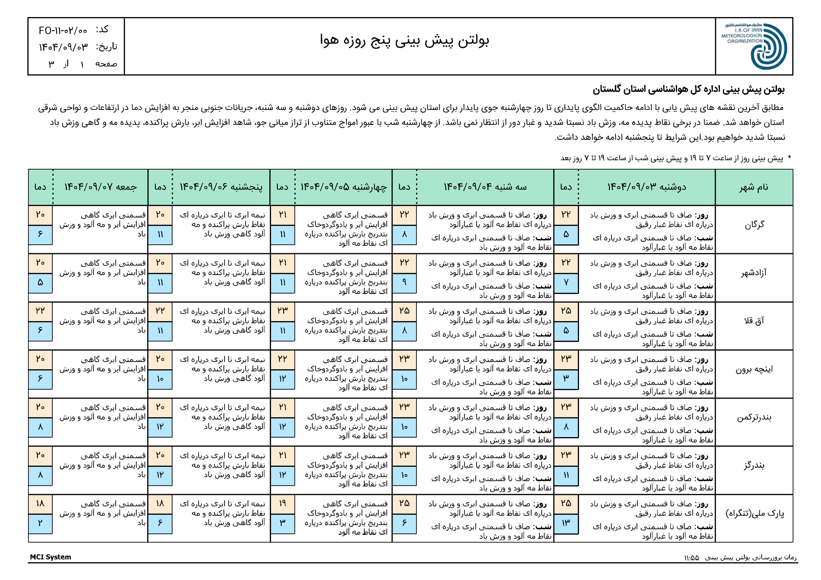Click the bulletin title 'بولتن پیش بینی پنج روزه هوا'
point(404,40)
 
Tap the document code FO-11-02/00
point(63,30)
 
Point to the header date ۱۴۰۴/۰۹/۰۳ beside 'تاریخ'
point(63,47)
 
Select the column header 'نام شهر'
point(754,187)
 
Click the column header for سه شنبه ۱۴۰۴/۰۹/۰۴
point(485,187)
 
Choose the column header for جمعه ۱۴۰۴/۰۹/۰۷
point(100,187)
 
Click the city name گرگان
point(754,224)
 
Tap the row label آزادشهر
point(754,273)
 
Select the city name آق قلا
point(754,320)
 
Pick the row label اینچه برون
point(754,369)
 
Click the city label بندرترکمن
point(754,417)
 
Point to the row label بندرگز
point(754,465)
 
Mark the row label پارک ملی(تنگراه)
point(754,514)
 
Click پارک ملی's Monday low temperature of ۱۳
point(566,523)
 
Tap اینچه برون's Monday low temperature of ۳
point(566,378)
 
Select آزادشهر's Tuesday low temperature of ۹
point(404,282)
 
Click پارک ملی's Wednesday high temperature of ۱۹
point(283,503)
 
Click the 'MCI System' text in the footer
point(50,557)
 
